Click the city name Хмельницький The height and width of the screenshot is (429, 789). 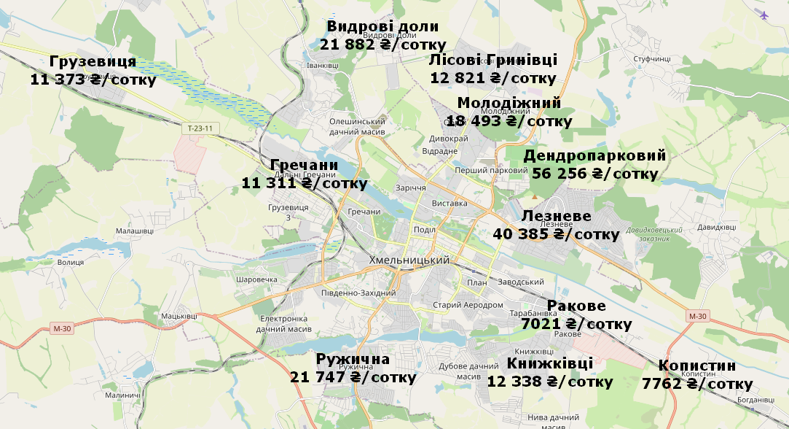(409, 261)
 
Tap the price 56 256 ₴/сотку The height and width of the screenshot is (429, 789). (594, 174)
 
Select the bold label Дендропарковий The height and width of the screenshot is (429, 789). (594, 156)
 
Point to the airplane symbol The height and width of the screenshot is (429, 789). (764, 15)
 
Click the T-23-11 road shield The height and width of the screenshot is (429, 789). (200, 128)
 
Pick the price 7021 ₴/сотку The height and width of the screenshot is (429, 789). (576, 324)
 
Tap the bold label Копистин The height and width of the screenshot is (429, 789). (696, 366)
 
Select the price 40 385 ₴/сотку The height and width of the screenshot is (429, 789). (556, 235)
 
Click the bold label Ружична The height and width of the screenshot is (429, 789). (353, 360)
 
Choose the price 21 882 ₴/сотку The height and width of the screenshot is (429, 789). (382, 45)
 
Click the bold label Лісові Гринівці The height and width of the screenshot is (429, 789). (493, 61)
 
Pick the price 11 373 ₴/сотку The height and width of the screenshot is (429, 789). (93, 80)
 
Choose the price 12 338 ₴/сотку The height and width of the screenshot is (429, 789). (549, 382)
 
